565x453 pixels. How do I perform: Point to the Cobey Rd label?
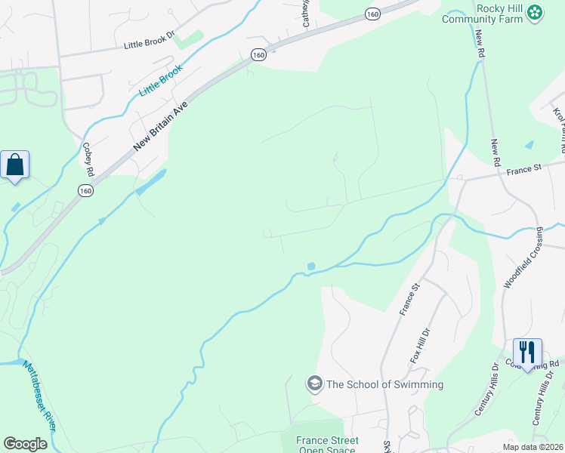click(x=88, y=160)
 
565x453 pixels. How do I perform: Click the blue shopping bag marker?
click(x=15, y=164)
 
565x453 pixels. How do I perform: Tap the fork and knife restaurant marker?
click(x=526, y=352)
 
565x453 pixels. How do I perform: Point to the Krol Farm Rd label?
click(x=560, y=125)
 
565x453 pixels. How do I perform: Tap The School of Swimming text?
click(x=385, y=384)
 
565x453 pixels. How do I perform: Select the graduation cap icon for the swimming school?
click(x=314, y=384)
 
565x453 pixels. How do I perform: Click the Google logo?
click(x=25, y=444)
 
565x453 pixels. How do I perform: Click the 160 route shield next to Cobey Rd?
click(x=85, y=191)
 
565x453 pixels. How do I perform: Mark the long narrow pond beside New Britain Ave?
click(x=152, y=182)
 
